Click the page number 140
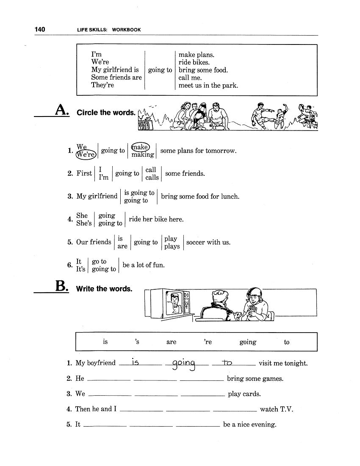pos(40,29)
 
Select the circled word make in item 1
pos(140,147)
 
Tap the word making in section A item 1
pos(143,155)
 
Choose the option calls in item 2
pos(152,178)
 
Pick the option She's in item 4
pos(84,223)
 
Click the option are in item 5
pos(122,246)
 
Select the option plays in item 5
pos(172,246)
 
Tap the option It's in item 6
pos(80,269)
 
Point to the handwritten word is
pos(136,362)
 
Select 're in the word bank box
pos(208,342)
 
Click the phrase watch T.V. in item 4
pos(276,409)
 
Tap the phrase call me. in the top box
pos(190,78)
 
